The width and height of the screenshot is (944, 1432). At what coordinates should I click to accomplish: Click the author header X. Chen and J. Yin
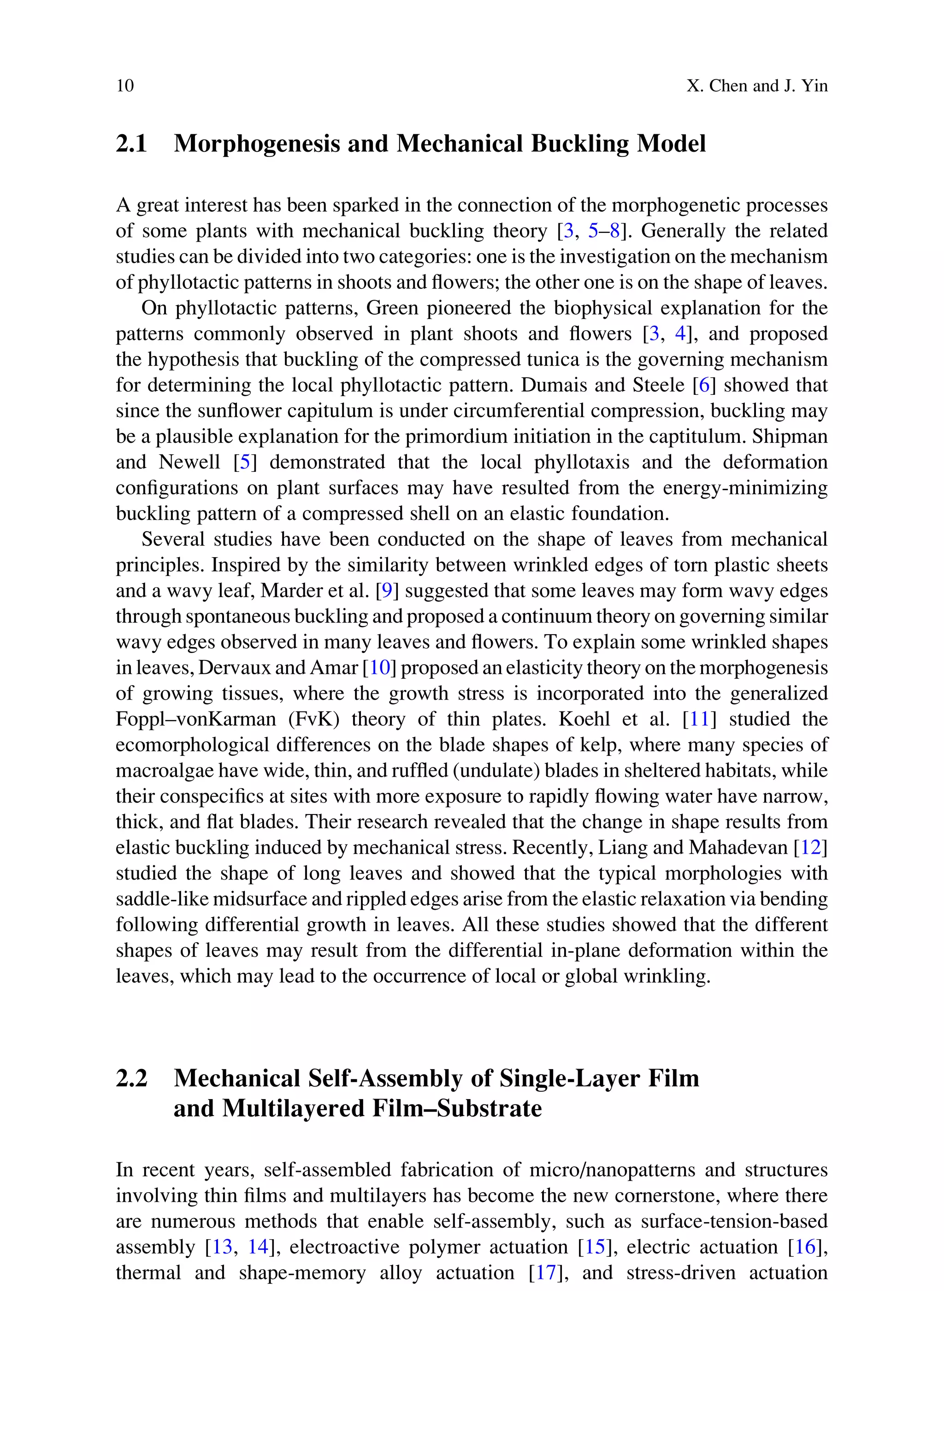757,86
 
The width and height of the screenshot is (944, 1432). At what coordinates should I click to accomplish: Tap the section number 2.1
131,144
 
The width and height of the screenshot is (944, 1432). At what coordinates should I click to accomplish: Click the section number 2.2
131,1077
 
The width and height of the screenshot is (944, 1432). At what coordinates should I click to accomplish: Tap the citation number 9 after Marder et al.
387,591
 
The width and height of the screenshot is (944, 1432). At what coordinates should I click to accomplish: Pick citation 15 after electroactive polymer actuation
594,1247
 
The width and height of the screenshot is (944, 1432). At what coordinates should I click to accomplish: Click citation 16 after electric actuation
805,1247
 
